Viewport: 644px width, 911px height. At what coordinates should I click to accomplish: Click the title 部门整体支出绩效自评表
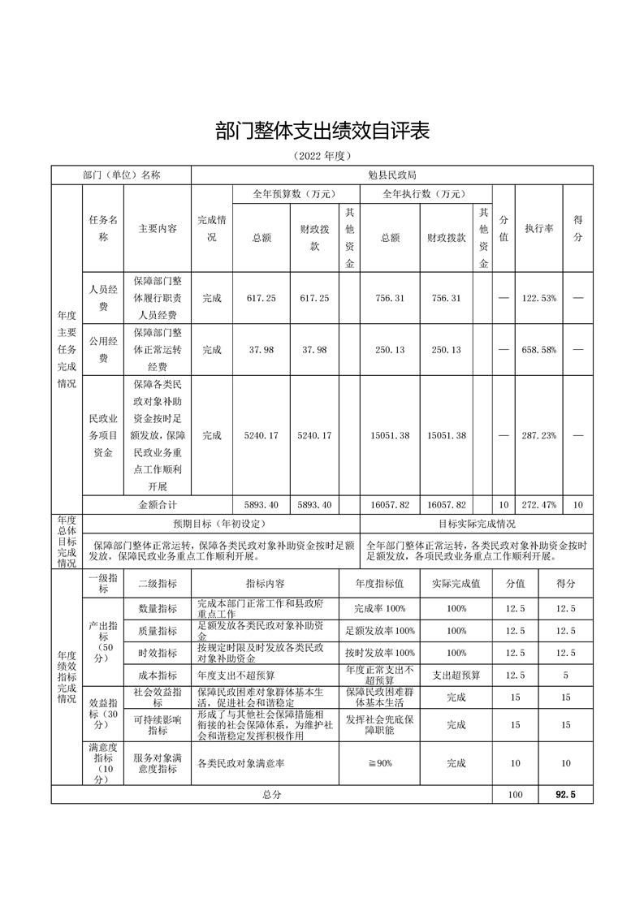coord(322,130)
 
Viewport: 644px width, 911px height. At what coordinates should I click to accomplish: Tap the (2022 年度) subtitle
coord(322,156)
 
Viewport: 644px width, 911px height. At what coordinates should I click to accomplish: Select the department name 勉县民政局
coord(391,175)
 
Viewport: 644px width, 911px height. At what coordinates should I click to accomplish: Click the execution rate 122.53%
coord(538,298)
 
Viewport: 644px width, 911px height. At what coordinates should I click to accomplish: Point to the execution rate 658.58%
coord(538,349)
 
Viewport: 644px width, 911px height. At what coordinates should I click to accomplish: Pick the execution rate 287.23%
coord(538,435)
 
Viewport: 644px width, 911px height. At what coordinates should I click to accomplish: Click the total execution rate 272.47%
coord(538,504)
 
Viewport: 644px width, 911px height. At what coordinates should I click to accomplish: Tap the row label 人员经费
coord(103,298)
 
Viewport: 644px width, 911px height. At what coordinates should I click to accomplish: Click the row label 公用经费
coord(103,349)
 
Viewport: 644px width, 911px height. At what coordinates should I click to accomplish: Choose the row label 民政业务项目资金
coord(103,435)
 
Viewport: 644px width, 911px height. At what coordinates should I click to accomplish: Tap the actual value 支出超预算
coord(456,675)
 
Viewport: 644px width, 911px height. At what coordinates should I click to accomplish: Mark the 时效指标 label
coord(156,653)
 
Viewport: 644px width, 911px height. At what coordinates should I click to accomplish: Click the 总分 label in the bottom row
coord(271,795)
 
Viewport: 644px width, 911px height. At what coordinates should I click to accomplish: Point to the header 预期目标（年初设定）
coord(221,524)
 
